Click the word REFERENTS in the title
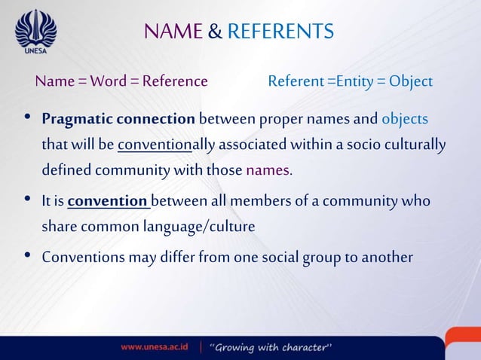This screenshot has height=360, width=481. (280, 32)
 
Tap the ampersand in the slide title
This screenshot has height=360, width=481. (214, 32)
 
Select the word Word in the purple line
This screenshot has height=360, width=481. (109, 81)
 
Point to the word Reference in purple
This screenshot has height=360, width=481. (175, 81)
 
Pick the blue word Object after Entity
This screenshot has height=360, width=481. (411, 81)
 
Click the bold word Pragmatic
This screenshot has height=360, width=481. (75, 120)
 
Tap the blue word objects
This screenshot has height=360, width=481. (405, 120)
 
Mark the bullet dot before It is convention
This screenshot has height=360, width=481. (28, 200)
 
